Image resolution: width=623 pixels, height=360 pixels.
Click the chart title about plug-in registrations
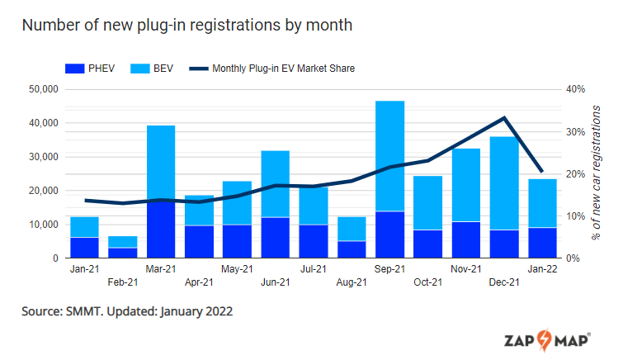click(187, 25)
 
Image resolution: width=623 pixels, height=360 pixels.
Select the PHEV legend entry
click(87, 69)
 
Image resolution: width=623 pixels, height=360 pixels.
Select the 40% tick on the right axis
click(575, 89)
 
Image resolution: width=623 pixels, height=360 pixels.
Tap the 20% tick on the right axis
click(575, 174)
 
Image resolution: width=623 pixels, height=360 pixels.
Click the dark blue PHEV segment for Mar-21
click(161, 230)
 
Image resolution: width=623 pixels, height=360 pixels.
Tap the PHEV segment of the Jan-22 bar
click(542, 243)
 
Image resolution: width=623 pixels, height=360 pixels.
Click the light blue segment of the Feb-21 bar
click(123, 242)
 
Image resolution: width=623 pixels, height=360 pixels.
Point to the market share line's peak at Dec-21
click(504, 118)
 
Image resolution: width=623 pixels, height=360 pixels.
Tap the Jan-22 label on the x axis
click(542, 269)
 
